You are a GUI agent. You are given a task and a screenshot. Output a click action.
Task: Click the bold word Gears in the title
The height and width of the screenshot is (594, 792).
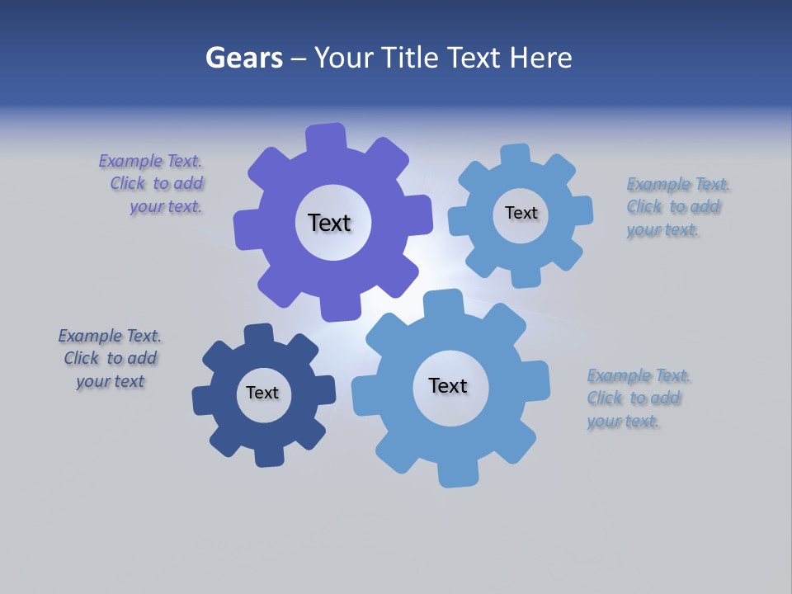pos(244,58)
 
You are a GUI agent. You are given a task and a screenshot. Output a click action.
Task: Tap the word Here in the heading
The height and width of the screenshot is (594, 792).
pos(540,58)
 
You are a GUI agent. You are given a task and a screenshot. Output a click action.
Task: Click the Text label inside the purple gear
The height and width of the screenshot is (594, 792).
pos(329,223)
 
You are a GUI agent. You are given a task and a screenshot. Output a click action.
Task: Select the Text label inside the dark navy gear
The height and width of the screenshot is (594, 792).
pos(262,393)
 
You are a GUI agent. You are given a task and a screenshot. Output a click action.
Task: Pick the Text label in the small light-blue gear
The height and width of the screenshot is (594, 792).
pos(521,213)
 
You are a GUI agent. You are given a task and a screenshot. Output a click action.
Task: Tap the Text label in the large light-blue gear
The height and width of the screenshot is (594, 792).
pos(448,385)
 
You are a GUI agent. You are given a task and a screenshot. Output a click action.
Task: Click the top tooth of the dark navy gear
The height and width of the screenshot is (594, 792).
pos(258,335)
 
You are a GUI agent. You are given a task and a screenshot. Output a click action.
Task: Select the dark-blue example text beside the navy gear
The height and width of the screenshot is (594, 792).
pos(110,359)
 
